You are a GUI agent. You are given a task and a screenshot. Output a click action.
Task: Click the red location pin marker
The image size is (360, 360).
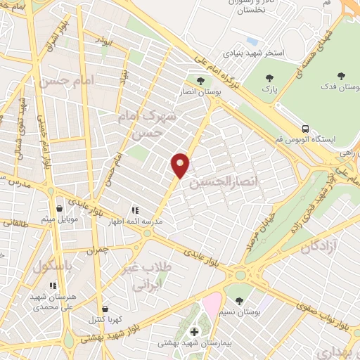[181, 165]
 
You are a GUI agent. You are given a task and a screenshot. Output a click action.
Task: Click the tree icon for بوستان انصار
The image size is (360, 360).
[201, 81]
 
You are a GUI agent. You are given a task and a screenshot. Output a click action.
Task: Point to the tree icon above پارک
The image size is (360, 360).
[267, 78]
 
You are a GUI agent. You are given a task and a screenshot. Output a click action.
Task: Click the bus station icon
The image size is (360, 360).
[304, 129]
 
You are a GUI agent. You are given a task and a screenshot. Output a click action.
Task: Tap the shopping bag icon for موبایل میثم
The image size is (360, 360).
[59, 208]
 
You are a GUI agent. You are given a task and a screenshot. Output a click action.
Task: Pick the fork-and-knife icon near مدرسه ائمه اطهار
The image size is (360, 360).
[134, 210]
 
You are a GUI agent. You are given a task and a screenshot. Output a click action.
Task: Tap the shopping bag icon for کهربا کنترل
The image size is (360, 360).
[105, 308]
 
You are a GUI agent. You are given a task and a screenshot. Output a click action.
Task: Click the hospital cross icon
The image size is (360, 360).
[195, 331]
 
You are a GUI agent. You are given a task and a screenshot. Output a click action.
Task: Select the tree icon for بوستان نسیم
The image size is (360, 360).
[240, 301]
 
